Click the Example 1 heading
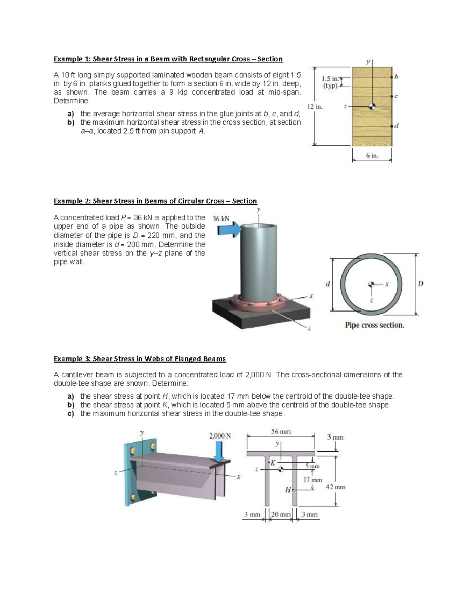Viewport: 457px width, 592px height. (x=168, y=59)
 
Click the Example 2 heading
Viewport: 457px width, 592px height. (x=155, y=201)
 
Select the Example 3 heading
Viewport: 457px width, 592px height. (x=139, y=359)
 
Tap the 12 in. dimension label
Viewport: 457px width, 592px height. (x=315, y=107)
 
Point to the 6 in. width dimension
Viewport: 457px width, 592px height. (x=372, y=156)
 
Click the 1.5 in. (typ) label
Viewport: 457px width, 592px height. (x=330, y=82)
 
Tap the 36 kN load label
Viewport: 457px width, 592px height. (x=221, y=218)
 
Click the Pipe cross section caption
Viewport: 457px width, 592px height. (x=374, y=325)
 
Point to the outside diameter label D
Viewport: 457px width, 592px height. (x=421, y=284)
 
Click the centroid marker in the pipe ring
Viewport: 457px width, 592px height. (x=371, y=284)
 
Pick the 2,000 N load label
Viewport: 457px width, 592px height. (x=220, y=436)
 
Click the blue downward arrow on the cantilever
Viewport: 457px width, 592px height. (x=219, y=452)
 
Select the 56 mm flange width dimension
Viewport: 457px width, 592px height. (x=281, y=432)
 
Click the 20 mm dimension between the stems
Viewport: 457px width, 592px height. (x=280, y=515)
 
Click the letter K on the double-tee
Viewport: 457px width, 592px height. (x=273, y=463)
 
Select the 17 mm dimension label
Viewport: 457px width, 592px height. (x=313, y=480)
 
